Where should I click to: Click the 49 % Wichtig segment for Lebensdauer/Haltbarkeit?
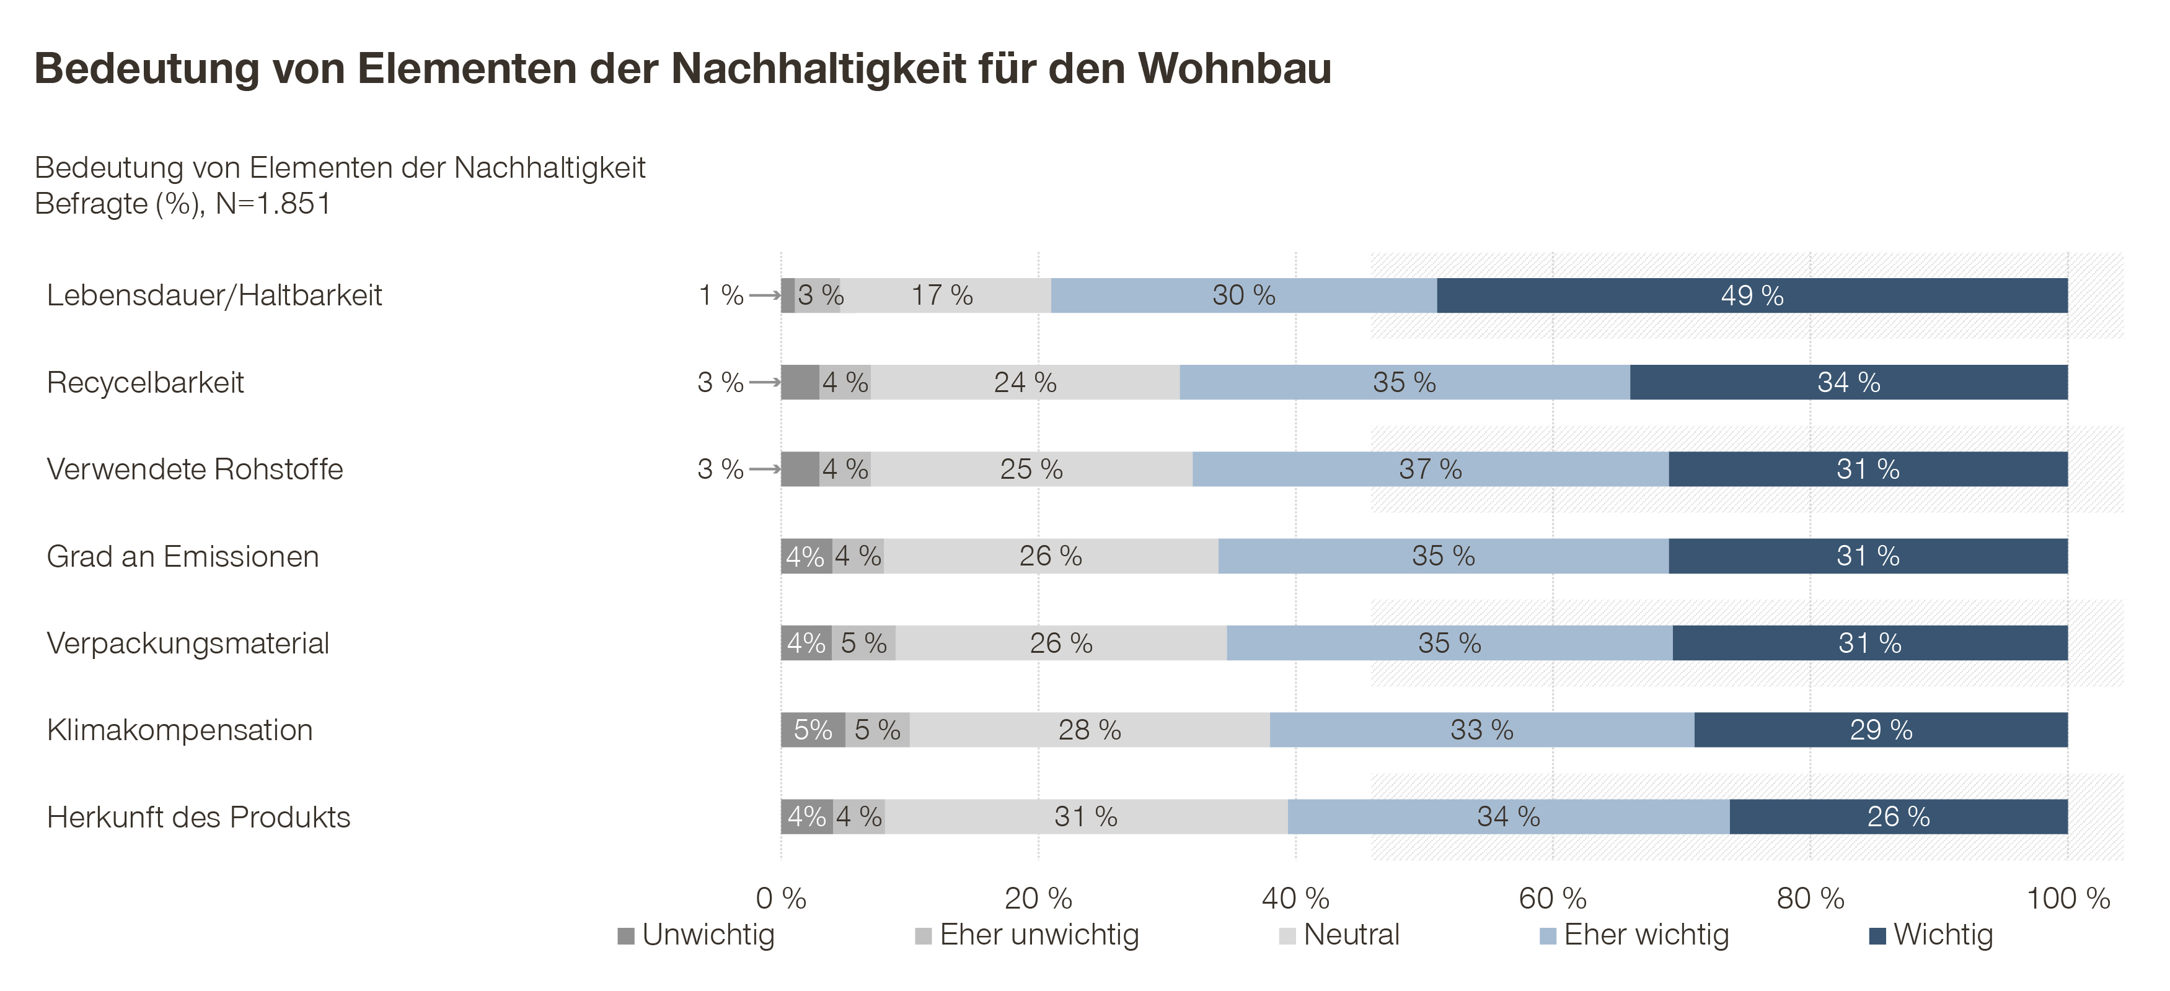point(1752,295)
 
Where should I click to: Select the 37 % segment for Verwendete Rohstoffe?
point(1431,469)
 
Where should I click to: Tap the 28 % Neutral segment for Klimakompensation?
point(1089,730)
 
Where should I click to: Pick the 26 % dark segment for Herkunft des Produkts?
point(1898,817)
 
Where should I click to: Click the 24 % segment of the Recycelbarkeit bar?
point(1025,382)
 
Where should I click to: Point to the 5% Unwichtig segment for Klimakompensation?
point(813,730)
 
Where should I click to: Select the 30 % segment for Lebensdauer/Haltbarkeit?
point(1243,295)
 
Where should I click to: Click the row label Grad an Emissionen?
point(183,557)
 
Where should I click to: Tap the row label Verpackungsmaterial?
point(188,644)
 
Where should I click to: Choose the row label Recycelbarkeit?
point(145,382)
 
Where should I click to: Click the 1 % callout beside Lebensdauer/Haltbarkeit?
point(721,295)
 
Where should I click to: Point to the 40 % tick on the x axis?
point(1295,898)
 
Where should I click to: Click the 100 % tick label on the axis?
point(2067,898)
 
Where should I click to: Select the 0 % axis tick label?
point(781,898)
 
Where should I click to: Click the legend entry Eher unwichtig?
point(1039,935)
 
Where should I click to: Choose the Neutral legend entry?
point(1351,935)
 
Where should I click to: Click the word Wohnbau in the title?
point(1235,68)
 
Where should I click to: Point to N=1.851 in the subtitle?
point(273,204)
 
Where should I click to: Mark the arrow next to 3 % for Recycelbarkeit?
point(765,382)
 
